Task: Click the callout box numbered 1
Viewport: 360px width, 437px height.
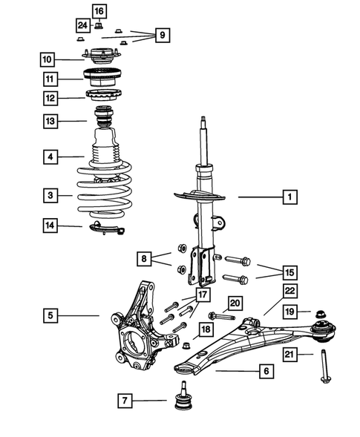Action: click(289, 197)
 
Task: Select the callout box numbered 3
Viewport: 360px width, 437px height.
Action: click(50, 196)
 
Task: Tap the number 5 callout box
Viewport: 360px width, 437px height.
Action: click(50, 315)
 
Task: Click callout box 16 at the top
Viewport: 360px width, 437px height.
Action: click(99, 10)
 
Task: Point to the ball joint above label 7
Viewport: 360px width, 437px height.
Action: click(180, 399)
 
